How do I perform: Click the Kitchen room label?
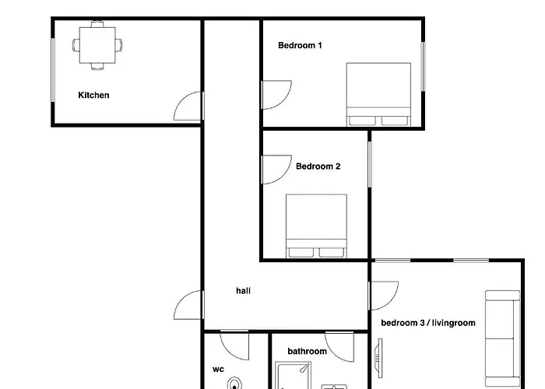[x=93, y=96]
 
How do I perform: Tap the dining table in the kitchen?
[x=98, y=45]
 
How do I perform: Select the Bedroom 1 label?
[x=300, y=46]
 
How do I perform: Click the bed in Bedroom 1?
[x=378, y=94]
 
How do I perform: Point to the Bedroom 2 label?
[x=318, y=166]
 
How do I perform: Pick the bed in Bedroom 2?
[x=316, y=226]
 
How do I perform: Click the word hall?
[x=244, y=291]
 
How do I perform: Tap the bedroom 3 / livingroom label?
[x=427, y=323]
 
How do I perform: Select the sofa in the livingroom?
[x=502, y=336]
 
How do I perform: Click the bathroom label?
[x=307, y=352]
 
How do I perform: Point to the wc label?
[x=218, y=370]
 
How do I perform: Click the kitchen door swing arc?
[x=188, y=107]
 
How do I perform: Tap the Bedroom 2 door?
[x=275, y=170]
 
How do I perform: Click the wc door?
[x=234, y=345]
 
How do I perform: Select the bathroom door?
[x=340, y=345]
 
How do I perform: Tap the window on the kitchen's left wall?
[x=53, y=70]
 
